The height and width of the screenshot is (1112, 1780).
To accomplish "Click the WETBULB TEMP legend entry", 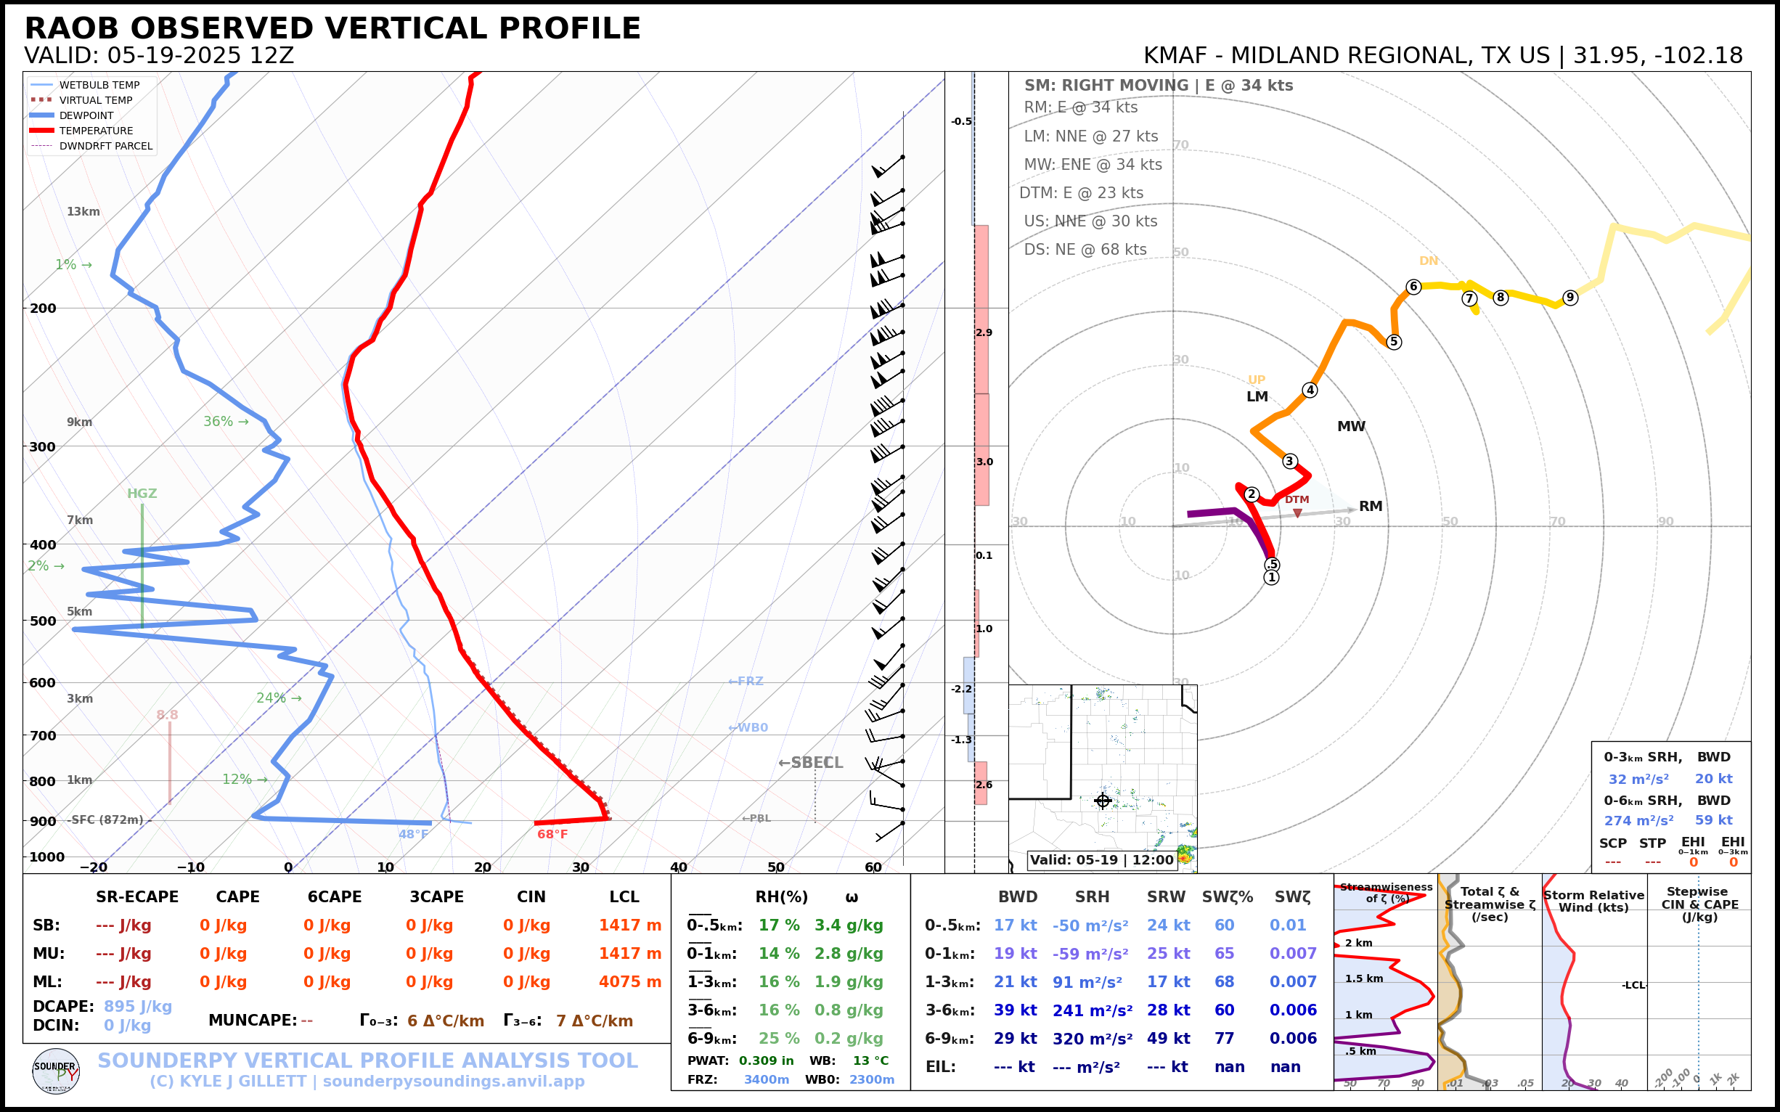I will tap(99, 86).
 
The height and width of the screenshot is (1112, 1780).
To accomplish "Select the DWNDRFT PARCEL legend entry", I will tap(105, 147).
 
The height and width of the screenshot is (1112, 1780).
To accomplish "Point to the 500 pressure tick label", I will tap(43, 621).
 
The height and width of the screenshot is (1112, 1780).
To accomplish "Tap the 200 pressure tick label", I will tap(43, 308).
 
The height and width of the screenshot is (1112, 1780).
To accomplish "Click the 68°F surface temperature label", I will tap(552, 834).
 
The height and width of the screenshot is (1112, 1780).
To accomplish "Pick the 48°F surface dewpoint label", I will tap(413, 834).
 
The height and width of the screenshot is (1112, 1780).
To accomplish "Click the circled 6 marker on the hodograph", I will tap(1413, 287).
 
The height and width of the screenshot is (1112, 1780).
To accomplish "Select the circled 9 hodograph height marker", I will tap(1570, 297).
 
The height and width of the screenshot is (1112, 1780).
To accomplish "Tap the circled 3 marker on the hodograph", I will tap(1289, 461).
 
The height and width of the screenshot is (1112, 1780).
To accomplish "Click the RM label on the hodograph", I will tap(1371, 506).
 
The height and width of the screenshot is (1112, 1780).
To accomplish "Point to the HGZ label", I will tap(142, 494).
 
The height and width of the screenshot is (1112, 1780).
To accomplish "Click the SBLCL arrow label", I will tap(811, 763).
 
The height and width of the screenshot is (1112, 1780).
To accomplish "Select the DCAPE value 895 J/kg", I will tap(137, 1006).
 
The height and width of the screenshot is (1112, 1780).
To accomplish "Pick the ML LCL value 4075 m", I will tap(629, 982).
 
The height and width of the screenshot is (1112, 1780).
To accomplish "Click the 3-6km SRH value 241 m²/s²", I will tap(1093, 1010).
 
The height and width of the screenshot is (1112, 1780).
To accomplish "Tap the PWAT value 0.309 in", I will tap(766, 1060).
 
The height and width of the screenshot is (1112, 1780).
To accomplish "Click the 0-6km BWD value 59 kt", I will tap(1714, 820).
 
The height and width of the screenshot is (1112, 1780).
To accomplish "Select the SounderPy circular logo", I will tap(56, 1071).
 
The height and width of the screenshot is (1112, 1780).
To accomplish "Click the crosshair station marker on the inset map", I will tap(1103, 801).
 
